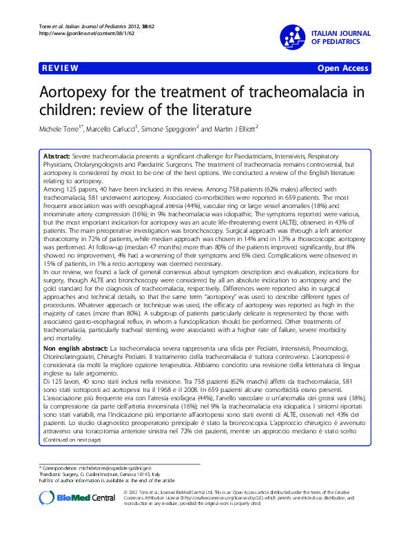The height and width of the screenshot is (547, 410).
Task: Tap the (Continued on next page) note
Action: coord(72,458)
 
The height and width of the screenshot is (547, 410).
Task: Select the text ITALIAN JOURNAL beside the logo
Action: coord(341,33)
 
